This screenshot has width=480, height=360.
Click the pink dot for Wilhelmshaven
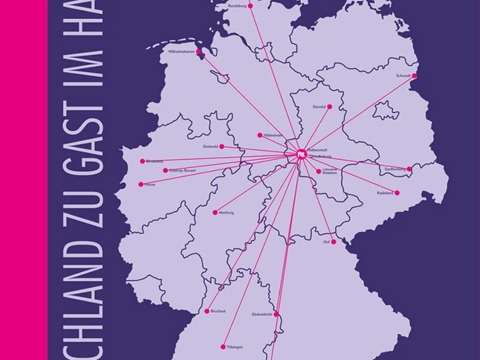tap(199, 53)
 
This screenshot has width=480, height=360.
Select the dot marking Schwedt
tap(414, 76)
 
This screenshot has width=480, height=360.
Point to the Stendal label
tap(319, 106)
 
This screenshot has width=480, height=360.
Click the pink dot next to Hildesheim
tap(260, 135)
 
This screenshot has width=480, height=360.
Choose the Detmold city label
tap(210, 147)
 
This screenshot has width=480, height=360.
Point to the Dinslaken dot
tap(142, 161)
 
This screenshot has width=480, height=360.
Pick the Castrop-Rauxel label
tap(179, 170)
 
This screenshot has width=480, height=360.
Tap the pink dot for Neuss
tap(141, 184)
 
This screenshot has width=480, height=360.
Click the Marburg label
tap(226, 213)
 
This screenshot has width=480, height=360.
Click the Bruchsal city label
tap(218, 311)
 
